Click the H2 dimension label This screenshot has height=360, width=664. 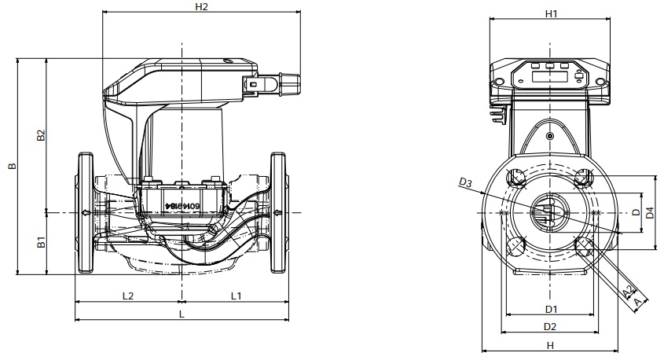click(201, 7)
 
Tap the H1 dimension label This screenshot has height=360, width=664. click(551, 14)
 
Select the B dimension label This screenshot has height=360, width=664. click(10, 167)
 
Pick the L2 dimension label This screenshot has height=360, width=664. click(128, 296)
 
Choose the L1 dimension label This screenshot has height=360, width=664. click(236, 296)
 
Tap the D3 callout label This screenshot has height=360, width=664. click(464, 184)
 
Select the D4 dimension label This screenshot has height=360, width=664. click(649, 212)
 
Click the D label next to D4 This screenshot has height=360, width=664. click(635, 212)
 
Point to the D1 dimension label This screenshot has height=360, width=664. click(551, 309)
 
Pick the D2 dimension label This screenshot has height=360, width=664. click(551, 326)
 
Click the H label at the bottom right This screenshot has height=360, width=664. click(551, 345)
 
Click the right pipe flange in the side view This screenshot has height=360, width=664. click(278, 213)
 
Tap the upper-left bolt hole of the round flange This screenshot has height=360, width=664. click(517, 178)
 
